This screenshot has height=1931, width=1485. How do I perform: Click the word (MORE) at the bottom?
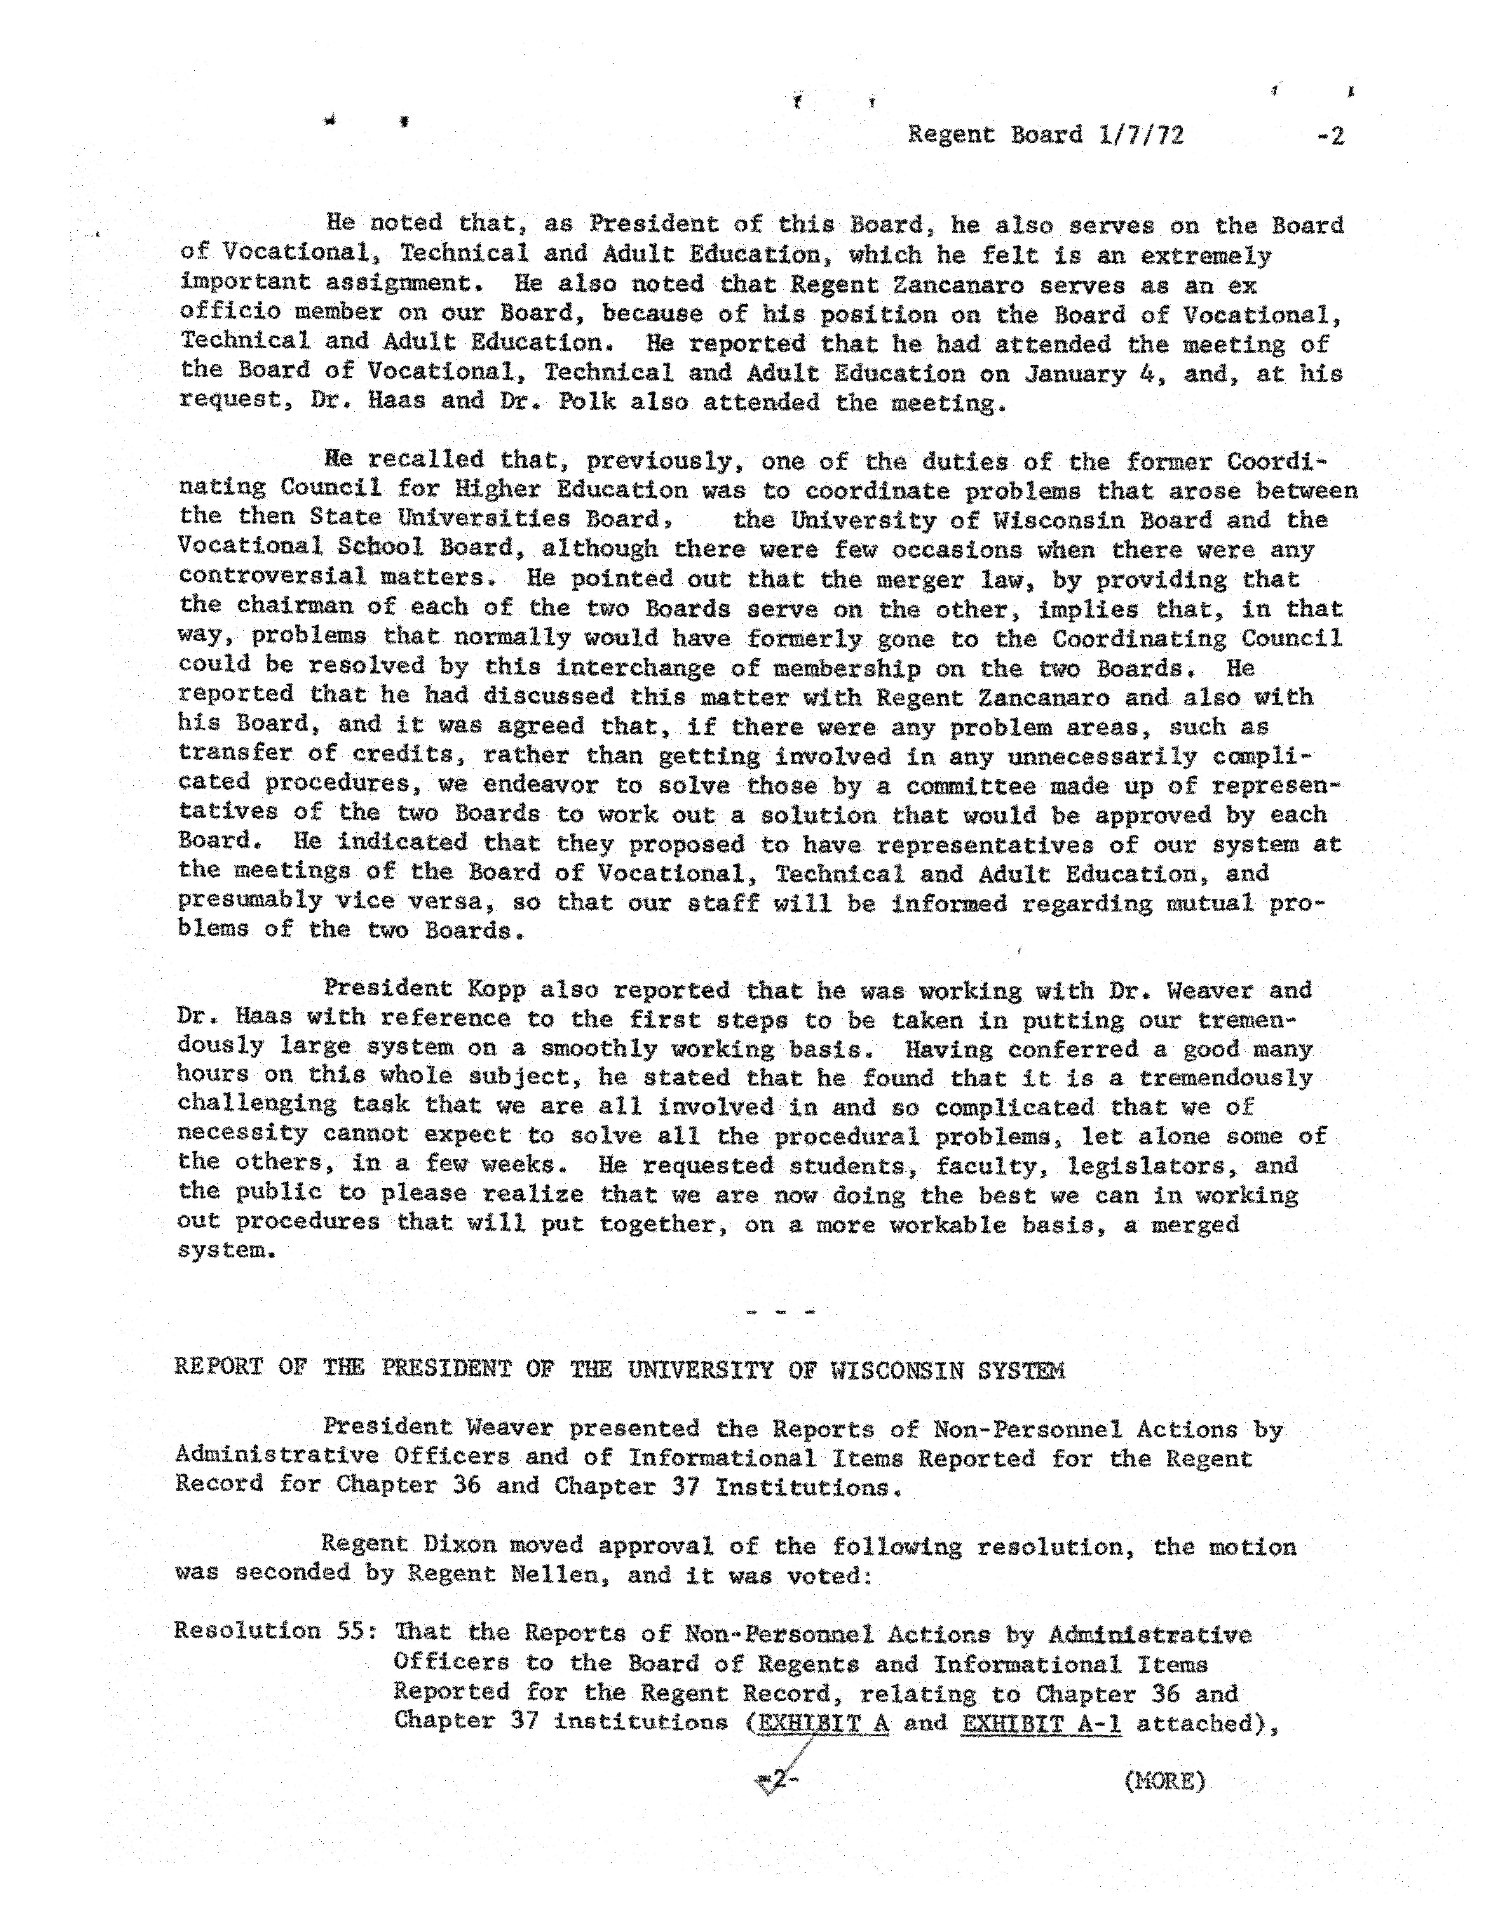pos(1164,1781)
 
